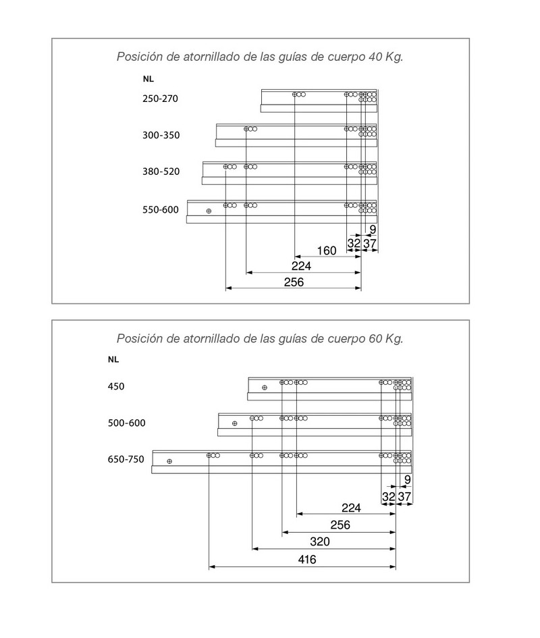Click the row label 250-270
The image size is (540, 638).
[x=160, y=99]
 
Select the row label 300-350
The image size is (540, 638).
[x=161, y=135]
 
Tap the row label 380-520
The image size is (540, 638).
[x=161, y=171]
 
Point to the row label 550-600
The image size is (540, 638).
[x=161, y=209]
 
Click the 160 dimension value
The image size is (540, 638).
[x=326, y=250]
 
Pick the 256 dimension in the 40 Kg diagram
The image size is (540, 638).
[x=294, y=282]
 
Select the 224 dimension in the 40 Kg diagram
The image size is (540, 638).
[x=301, y=266]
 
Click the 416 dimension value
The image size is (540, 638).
[x=307, y=560]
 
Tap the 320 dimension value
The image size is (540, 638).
[x=320, y=541]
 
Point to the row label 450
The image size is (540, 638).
[x=116, y=386]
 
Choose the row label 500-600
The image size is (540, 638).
[x=126, y=423]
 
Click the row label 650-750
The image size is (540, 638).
[x=126, y=459]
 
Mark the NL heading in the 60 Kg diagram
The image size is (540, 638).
[x=113, y=359]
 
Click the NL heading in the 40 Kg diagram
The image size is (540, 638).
[x=148, y=79]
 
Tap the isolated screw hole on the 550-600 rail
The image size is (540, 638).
[x=209, y=211]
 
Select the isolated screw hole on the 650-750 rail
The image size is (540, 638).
[x=169, y=461]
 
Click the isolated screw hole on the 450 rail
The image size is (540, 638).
[x=265, y=388]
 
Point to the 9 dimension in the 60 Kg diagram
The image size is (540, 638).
[x=407, y=480]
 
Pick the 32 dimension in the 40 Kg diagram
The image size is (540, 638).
[x=354, y=243]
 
